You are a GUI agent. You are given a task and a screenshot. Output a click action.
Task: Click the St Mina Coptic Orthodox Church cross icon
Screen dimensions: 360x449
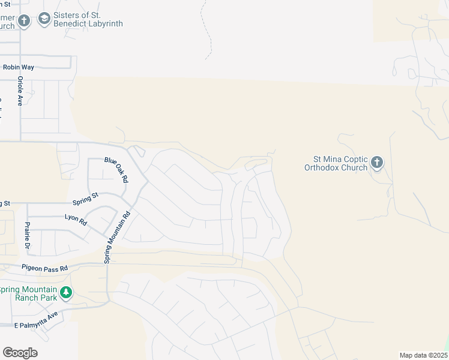377,162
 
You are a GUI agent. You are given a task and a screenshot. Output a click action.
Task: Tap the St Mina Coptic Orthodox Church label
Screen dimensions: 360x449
340,163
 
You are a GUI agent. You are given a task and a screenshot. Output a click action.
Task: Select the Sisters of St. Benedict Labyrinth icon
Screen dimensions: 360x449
44,20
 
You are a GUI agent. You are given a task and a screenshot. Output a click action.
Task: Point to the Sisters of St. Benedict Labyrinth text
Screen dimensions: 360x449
88,20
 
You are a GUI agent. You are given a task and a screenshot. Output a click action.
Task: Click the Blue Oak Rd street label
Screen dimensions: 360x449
116,169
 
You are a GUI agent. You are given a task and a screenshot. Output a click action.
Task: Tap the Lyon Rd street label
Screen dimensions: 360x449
76,219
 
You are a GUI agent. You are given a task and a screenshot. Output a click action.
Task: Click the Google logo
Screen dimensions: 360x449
20,353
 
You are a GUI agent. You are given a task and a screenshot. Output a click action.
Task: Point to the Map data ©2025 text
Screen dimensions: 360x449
423,355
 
